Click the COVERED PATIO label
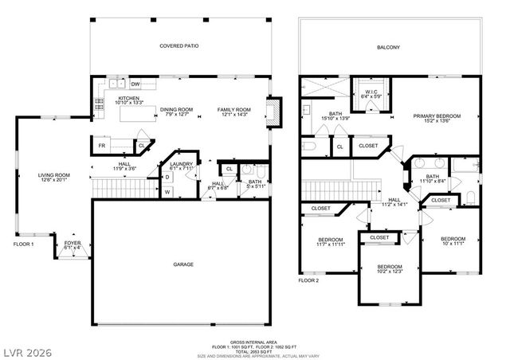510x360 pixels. tap(178, 47)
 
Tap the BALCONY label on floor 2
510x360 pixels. tap(389, 47)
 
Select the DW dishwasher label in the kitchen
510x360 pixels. tap(135, 84)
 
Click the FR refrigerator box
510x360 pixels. tap(102, 147)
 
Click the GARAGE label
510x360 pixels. tap(184, 264)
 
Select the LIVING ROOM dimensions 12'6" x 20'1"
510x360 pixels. tap(56, 181)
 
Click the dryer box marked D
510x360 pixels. tap(167, 177)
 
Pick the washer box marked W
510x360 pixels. tap(167, 191)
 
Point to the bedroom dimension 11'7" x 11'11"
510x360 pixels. tap(331, 245)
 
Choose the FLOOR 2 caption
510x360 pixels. tap(308, 280)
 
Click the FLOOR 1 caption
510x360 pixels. tap(22, 245)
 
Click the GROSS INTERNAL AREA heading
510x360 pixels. tap(255, 339)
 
